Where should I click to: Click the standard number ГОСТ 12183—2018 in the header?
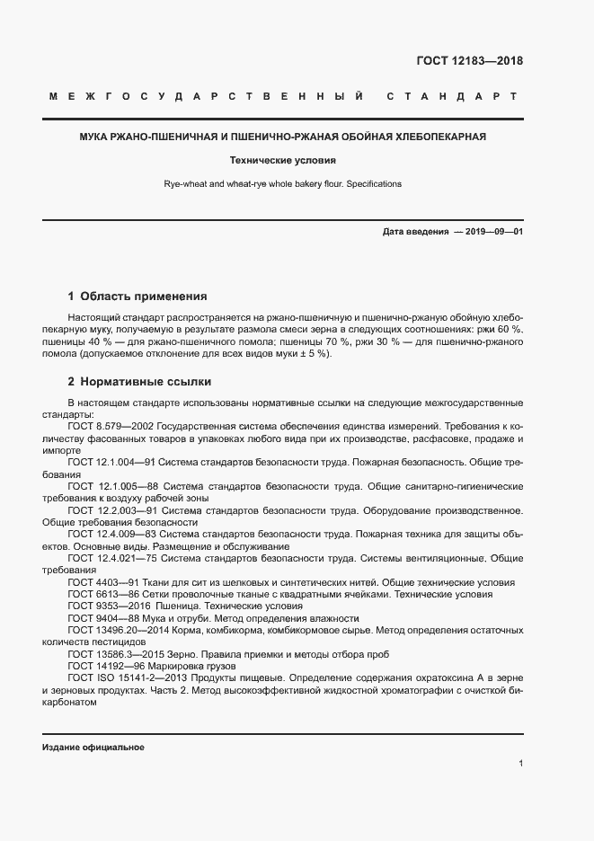[x=470, y=62]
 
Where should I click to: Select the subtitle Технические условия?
[x=282, y=161]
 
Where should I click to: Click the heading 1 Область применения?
[x=137, y=296]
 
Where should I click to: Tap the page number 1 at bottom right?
[x=520, y=764]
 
